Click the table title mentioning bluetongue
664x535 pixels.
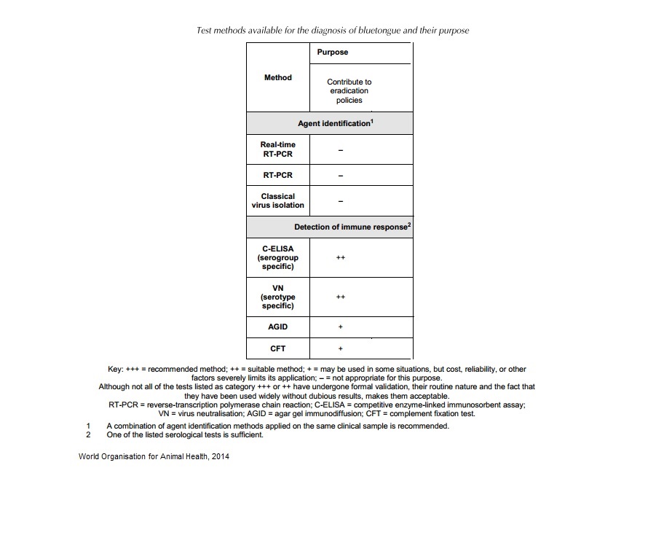(x=333, y=31)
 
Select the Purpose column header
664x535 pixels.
(x=332, y=52)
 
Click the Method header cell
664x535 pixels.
(x=277, y=77)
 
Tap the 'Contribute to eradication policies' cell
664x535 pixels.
(x=349, y=91)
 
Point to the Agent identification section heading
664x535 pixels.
(x=335, y=123)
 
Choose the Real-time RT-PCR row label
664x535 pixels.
(x=277, y=149)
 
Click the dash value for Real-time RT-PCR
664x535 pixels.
(x=340, y=150)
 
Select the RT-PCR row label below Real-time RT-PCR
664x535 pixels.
(x=277, y=176)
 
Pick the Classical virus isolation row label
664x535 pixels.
(x=277, y=200)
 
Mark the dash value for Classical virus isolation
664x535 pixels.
(x=340, y=201)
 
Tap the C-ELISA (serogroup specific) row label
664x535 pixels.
(x=277, y=257)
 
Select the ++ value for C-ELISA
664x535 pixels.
(x=340, y=257)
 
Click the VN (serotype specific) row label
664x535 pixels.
(x=277, y=297)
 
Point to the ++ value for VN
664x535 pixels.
(x=340, y=297)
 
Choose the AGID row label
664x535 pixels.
(x=277, y=327)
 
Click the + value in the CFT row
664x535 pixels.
(x=340, y=348)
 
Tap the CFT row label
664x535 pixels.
(x=277, y=348)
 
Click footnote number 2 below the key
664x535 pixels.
(x=87, y=435)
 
